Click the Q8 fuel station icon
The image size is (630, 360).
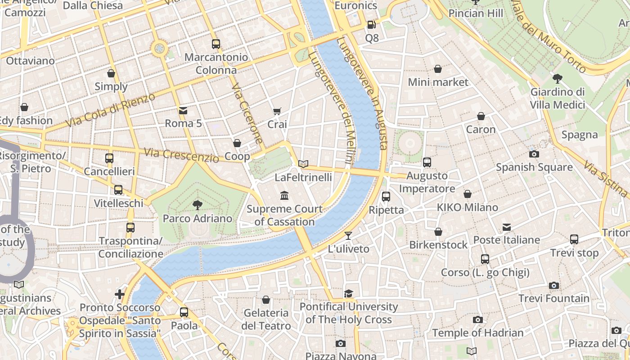[x=371, y=25]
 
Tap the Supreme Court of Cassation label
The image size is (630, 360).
[x=284, y=216]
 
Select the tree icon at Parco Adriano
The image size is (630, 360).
[x=197, y=205]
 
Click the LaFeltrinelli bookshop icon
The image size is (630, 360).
[x=304, y=164]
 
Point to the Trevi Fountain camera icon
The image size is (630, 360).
[x=554, y=285]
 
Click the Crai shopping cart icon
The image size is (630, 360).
[x=277, y=111]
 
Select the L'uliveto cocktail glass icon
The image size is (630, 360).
[x=348, y=235]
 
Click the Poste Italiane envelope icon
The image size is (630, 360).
[x=507, y=227]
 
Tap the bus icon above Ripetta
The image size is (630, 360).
[x=386, y=196]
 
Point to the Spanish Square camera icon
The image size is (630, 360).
[x=534, y=154]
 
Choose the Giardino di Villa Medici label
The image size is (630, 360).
[x=557, y=98]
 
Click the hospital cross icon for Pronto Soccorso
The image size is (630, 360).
[x=120, y=295]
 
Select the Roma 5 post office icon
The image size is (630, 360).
[x=183, y=110]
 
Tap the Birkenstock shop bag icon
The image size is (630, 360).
[x=438, y=232]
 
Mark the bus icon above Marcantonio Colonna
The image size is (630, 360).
[x=216, y=44]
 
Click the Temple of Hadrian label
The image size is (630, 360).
[x=477, y=333]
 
